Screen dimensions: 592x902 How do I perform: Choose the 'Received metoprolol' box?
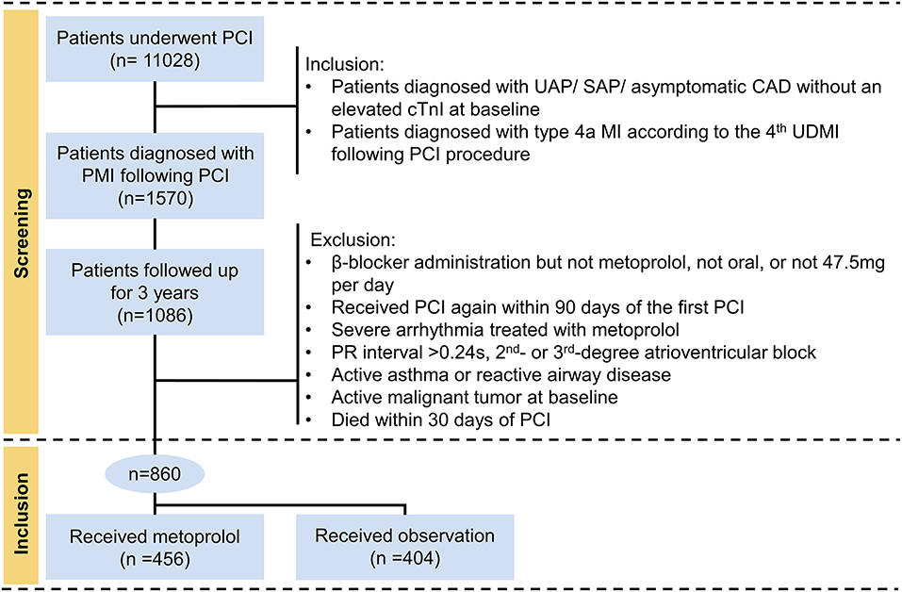pos(154,547)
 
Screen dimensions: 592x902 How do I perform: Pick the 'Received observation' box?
pos(404,547)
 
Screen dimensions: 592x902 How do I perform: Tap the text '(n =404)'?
pos(404,557)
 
